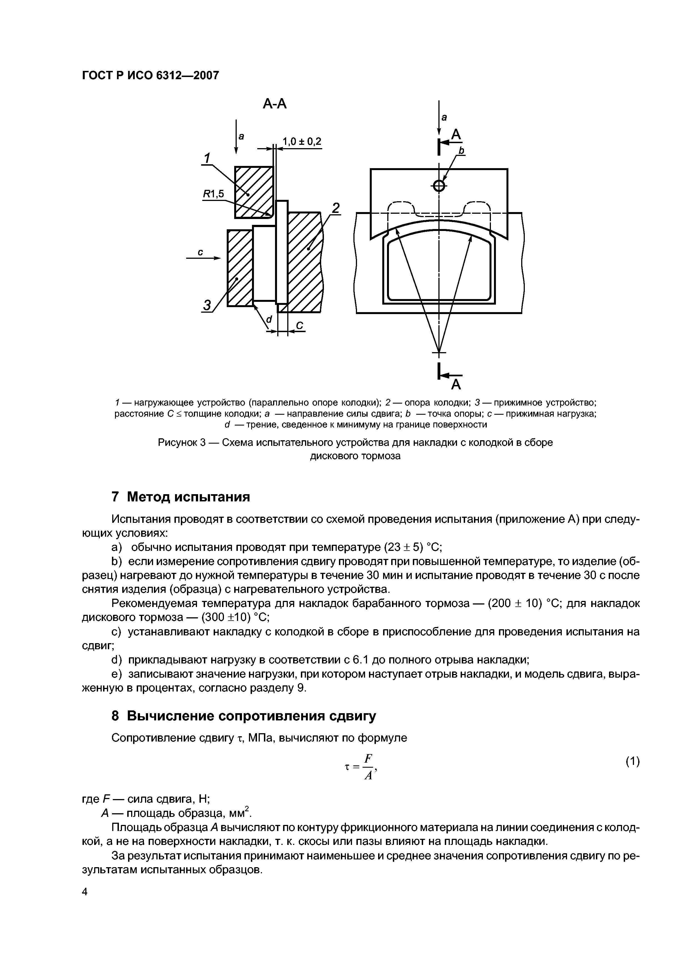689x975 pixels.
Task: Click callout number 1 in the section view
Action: point(207,158)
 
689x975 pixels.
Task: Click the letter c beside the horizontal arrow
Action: point(201,252)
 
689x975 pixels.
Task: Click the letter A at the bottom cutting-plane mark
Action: point(456,385)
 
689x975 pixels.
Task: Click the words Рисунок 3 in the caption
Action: point(182,442)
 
